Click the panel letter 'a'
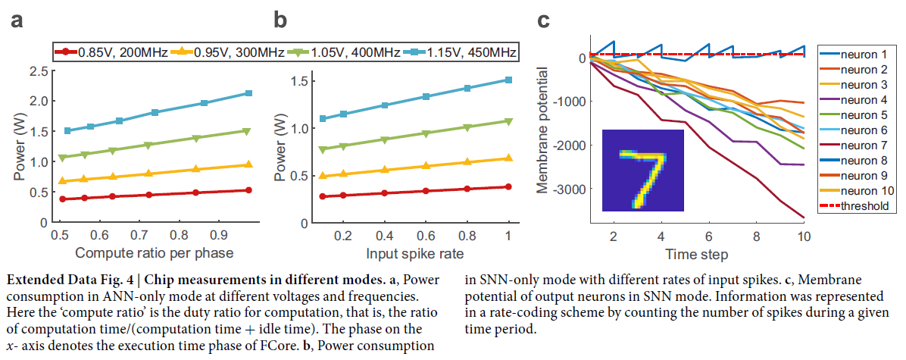coord(16,20)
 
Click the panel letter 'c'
coord(543,20)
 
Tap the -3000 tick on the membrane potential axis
coord(570,188)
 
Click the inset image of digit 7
coord(642,170)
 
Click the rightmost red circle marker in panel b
coord(508,186)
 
